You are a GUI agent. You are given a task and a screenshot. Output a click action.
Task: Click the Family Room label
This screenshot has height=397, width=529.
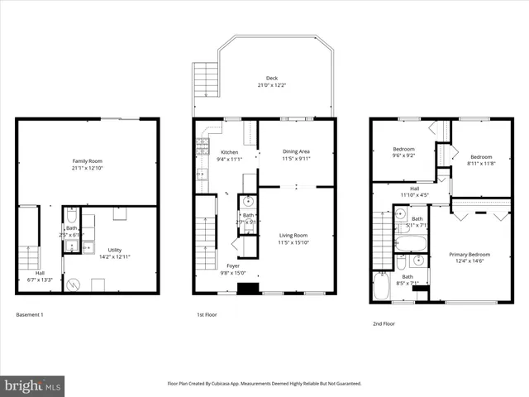[87, 160]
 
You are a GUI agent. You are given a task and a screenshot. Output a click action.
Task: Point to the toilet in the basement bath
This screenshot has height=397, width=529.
[71, 213]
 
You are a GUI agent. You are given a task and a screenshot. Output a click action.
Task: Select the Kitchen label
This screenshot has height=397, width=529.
[229, 152]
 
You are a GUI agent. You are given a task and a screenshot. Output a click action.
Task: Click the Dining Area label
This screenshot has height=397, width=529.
[296, 151]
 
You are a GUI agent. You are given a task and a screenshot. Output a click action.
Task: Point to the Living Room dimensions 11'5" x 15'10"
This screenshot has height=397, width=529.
[293, 242]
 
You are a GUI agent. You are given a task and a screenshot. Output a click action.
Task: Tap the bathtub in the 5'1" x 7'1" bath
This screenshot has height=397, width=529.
[411, 244]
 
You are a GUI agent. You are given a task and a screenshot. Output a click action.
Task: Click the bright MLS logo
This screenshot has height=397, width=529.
[33, 385]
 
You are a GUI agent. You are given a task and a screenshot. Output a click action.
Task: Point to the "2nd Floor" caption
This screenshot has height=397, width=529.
[383, 323]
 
